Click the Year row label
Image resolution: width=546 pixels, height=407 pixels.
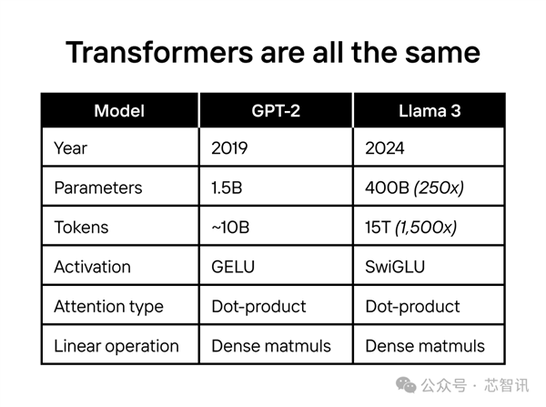pyautogui.click(x=72, y=148)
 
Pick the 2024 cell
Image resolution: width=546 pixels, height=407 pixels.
pyautogui.click(x=386, y=148)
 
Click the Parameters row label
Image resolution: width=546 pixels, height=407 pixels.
pyautogui.click(x=98, y=188)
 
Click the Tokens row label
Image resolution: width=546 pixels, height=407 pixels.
pyautogui.click(x=80, y=228)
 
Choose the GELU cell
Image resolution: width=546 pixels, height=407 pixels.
pyautogui.click(x=235, y=267)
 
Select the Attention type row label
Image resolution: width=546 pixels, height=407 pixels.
pyautogui.click(x=109, y=307)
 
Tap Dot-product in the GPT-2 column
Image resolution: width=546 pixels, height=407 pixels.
pyautogui.click(x=258, y=307)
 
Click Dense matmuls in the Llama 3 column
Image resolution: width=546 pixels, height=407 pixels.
pyautogui.click(x=425, y=346)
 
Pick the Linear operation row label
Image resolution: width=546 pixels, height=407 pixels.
pyautogui.click(x=116, y=346)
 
